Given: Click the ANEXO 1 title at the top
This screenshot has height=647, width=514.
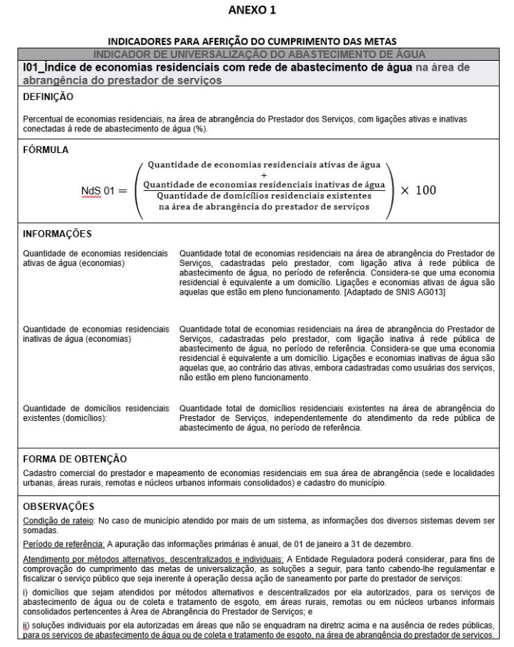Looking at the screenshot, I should pyautogui.click(x=257, y=11).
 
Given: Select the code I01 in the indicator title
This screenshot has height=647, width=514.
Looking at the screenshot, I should pyautogui.click(x=31, y=67).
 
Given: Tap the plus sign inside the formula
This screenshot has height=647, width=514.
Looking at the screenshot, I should pyautogui.click(x=264, y=175).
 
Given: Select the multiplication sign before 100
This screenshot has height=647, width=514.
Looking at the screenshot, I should pyautogui.click(x=402, y=191).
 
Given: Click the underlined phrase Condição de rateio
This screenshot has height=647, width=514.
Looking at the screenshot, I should pyautogui.click(x=54, y=518).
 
